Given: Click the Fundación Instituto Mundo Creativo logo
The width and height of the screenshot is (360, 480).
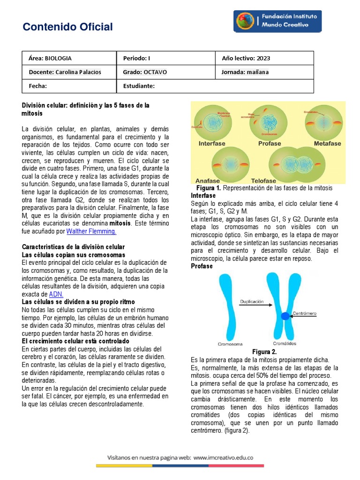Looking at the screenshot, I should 277,22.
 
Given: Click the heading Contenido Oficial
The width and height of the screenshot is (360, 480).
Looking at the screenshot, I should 67,27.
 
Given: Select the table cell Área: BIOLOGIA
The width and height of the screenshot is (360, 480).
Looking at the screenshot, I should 69,59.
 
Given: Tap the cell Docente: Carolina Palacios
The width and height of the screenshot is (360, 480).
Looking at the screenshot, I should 69,72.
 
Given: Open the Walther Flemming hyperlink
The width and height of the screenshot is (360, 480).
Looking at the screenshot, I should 91,231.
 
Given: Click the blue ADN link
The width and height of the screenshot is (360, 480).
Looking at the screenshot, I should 56,294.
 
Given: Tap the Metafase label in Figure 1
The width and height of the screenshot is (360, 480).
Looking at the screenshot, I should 327,143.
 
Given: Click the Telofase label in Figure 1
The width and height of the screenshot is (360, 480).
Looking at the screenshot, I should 263,180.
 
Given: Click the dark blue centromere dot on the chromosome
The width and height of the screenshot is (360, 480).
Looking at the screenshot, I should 285,315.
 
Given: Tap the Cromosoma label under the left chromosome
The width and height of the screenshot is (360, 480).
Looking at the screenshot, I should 231,344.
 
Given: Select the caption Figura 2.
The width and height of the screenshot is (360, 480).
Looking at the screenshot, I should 264,352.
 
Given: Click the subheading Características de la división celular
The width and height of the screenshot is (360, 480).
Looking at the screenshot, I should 73,247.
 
